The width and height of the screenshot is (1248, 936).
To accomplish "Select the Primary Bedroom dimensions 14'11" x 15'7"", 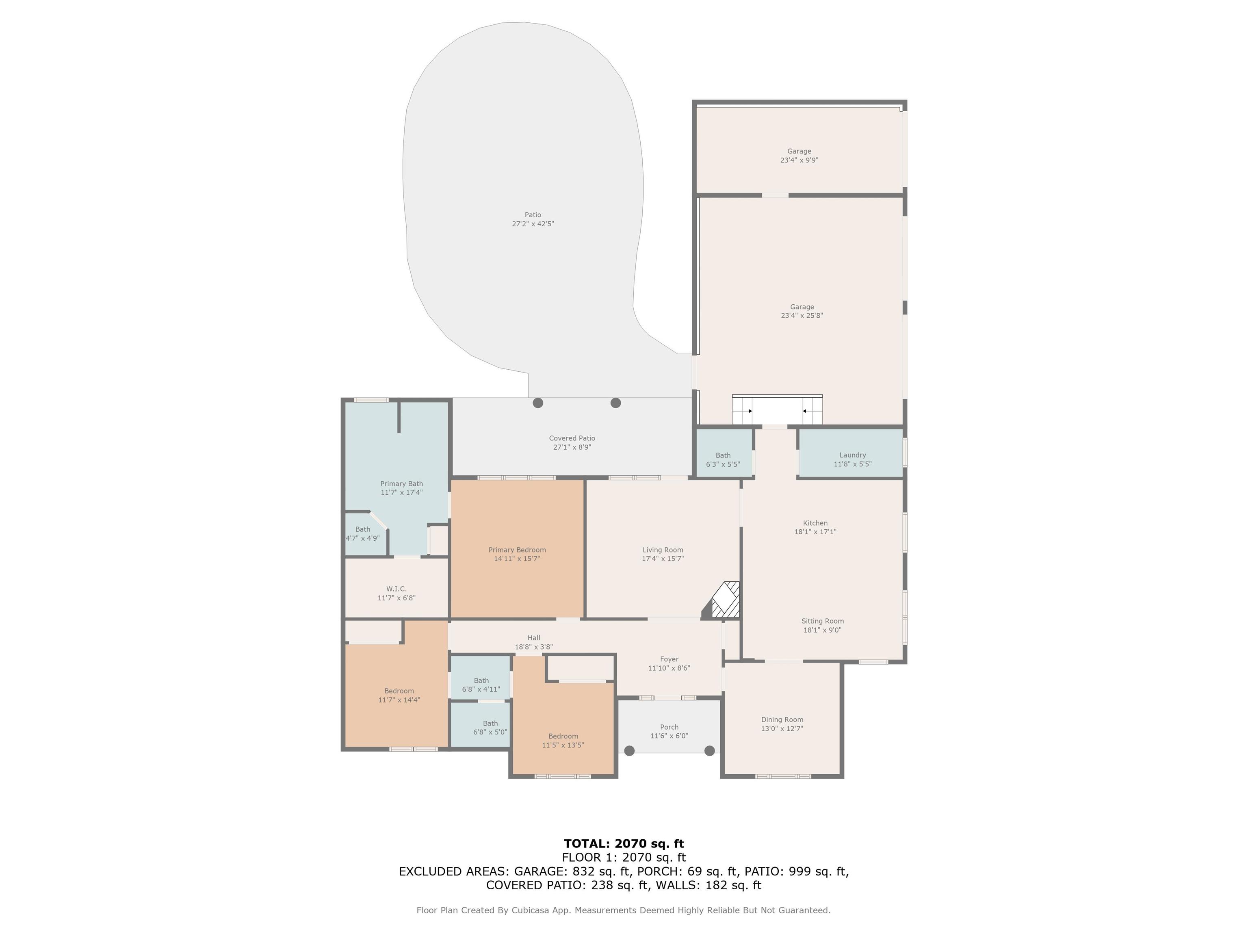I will click(517, 559).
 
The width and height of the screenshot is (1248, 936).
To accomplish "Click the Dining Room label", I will click(782, 720).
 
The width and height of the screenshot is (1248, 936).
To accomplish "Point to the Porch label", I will click(669, 727).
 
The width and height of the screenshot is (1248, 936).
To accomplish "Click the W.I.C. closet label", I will click(396, 589).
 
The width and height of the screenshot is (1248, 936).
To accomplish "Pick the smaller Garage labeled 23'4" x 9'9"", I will click(799, 156).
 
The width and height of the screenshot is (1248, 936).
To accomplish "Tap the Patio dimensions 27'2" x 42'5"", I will click(533, 224).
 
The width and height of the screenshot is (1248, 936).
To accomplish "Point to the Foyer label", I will click(669, 659).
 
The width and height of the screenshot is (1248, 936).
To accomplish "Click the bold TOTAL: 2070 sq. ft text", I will click(624, 843).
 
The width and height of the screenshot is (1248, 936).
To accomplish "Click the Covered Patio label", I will click(572, 438).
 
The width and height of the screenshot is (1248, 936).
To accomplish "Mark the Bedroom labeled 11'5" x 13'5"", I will click(563, 741).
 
